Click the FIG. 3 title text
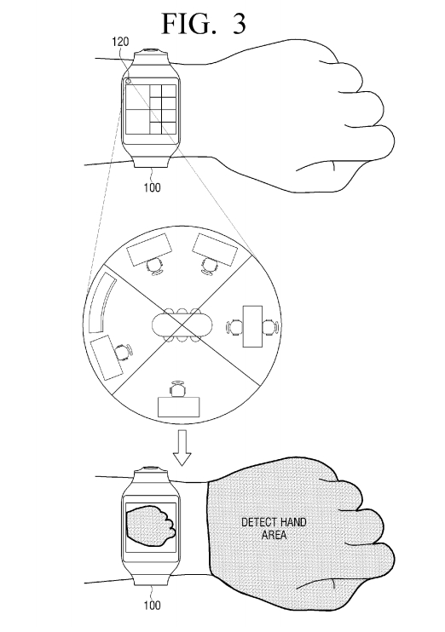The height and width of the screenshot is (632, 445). point(204,23)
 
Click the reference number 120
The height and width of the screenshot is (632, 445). point(120,42)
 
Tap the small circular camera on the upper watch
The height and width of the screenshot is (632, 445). point(128,81)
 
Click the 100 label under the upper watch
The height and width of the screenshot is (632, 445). point(152,187)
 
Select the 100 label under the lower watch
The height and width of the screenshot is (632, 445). point(152,605)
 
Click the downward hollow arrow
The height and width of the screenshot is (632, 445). point(182,448)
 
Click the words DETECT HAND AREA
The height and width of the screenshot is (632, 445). point(274,528)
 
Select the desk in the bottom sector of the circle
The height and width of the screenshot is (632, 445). point(179,407)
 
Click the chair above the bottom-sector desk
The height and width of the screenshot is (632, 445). point(178,388)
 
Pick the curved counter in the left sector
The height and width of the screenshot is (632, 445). point(100,302)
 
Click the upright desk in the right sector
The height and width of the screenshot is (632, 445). point(252,326)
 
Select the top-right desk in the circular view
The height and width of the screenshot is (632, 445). point(215,250)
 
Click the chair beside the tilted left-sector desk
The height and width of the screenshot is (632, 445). point(123,352)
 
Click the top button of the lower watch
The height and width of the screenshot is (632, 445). point(152,469)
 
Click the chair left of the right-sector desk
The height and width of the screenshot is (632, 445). point(234,326)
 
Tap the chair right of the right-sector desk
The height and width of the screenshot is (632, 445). point(270,326)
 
